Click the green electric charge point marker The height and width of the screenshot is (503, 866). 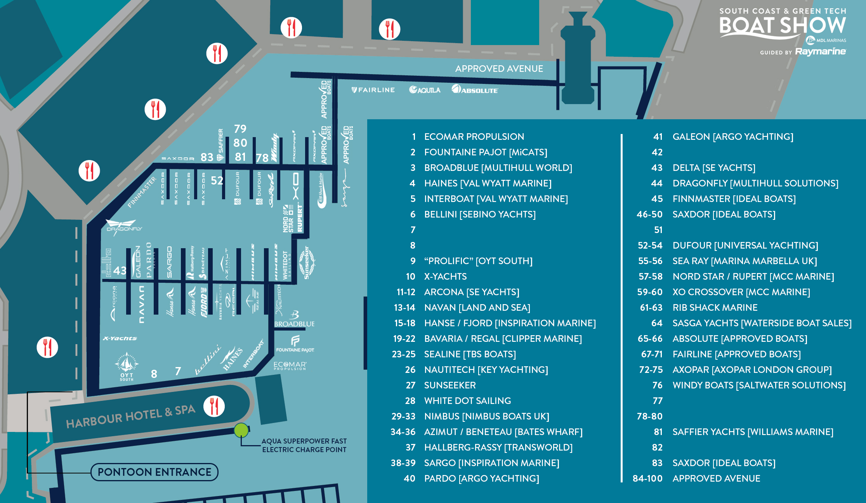pyautogui.click(x=241, y=430)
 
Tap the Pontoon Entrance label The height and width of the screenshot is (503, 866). pyautogui.click(x=154, y=472)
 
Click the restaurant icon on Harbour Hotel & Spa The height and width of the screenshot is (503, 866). pyautogui.click(x=214, y=406)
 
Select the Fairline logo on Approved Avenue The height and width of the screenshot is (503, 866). pyautogui.click(x=373, y=90)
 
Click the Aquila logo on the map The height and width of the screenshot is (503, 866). pyautogui.click(x=425, y=90)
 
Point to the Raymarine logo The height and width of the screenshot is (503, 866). pyautogui.click(x=820, y=51)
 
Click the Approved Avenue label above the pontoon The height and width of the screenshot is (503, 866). pyautogui.click(x=499, y=69)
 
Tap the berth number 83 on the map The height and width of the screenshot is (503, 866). pyautogui.click(x=207, y=157)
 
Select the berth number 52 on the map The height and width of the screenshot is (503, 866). pyautogui.click(x=217, y=181)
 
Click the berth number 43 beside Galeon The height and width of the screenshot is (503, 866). pyautogui.click(x=120, y=270)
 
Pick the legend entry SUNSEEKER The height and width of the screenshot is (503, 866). pyautogui.click(x=450, y=385)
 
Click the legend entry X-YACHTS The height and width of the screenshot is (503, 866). pyautogui.click(x=445, y=276)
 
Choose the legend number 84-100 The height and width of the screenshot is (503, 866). pyautogui.click(x=647, y=478)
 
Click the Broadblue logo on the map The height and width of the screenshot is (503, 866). pyautogui.click(x=294, y=320)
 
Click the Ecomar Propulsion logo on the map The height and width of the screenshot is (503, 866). pyautogui.click(x=290, y=366)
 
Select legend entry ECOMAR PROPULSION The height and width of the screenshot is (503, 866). pyautogui.click(x=474, y=136)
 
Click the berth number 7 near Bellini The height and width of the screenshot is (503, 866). pyautogui.click(x=178, y=371)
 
